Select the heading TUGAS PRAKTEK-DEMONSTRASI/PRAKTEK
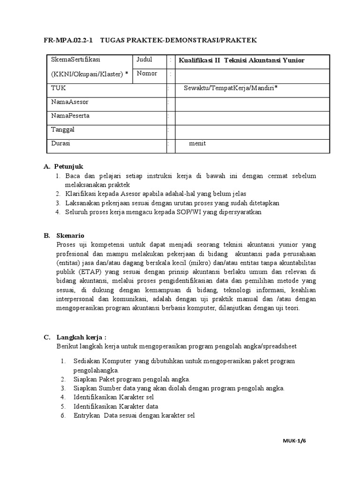tap(179, 40)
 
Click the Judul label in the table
tap(145, 60)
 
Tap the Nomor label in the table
tap(147, 74)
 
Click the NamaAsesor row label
tap(69, 102)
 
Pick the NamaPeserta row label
tap(70, 115)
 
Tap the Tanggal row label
tap(63, 129)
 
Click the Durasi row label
tap(60, 143)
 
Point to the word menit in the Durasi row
tap(197, 143)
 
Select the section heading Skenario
tap(69, 235)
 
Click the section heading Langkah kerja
tap(82, 337)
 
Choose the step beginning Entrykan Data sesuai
tap(134, 415)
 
